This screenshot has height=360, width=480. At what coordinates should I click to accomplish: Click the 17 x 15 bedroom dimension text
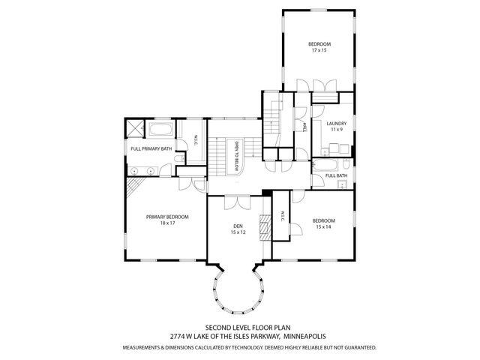point(319,51)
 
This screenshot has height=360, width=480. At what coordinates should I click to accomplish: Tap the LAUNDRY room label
point(335,123)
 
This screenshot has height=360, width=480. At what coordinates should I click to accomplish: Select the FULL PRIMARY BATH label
point(151,148)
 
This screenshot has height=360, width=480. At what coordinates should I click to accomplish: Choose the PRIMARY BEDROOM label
point(167,217)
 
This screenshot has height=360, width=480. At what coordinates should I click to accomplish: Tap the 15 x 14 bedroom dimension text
point(324,226)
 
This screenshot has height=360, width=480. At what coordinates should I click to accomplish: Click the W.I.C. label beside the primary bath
point(195,140)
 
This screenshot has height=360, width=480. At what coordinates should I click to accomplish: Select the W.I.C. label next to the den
point(282,215)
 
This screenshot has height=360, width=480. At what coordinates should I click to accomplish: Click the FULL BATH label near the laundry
point(336,175)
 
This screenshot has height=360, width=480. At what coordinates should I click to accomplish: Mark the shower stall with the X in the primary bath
point(133,129)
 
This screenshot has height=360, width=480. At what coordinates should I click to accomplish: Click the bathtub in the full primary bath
point(159,131)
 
